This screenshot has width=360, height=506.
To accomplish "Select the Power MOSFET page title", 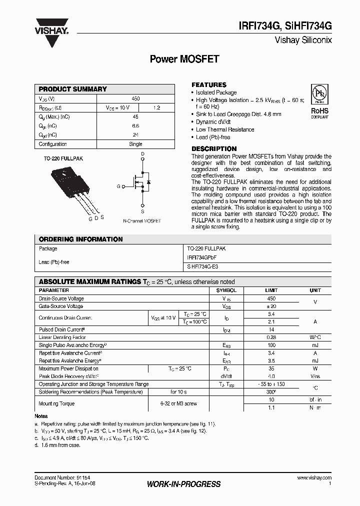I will [184, 59].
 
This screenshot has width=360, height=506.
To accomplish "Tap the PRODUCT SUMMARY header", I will [73, 89].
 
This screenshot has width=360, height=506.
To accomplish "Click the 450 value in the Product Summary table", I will [135, 99].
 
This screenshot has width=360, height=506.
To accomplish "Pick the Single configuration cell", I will [135, 144].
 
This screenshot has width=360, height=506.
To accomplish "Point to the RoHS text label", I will [319, 111].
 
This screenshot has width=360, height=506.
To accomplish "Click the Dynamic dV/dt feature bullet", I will [214, 122].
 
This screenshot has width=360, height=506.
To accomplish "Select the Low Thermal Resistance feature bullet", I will [225, 129].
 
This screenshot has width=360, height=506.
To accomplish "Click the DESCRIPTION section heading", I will [214, 149].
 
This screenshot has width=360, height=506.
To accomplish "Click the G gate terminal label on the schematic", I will [118, 186].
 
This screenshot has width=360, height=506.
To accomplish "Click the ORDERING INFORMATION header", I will [80, 239].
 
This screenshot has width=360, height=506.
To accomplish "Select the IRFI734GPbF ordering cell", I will [202, 257].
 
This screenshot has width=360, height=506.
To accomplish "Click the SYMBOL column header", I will [226, 290].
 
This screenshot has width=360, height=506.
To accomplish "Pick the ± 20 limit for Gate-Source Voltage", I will [271, 306].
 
